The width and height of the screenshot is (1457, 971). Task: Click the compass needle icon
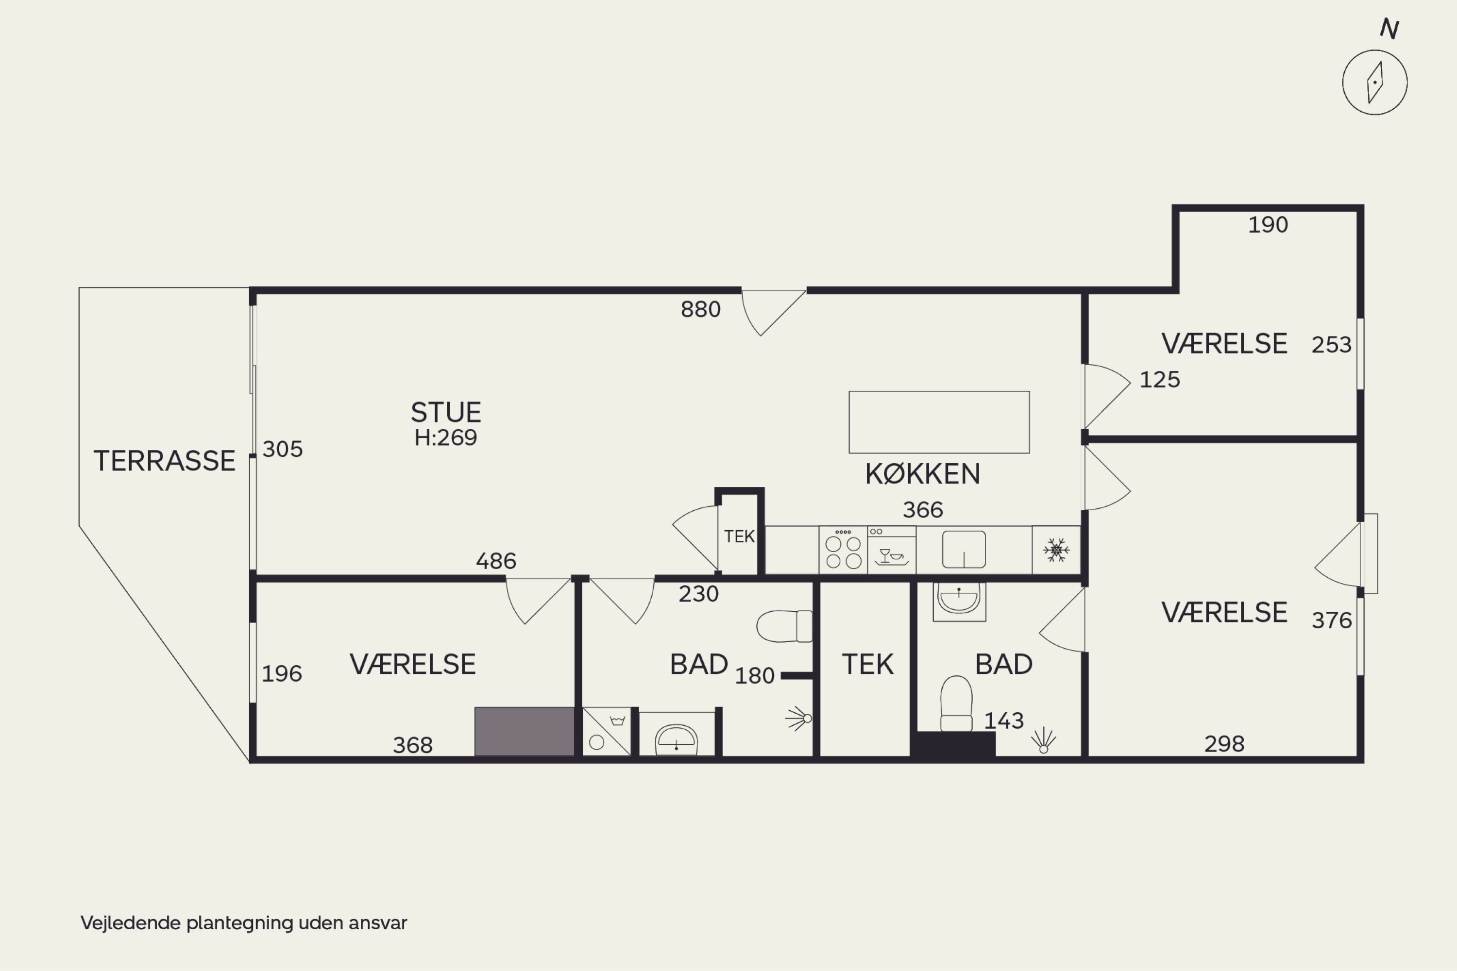click(x=1374, y=83)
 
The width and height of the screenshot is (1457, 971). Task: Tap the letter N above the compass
click(x=1389, y=29)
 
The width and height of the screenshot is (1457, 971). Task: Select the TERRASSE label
click(x=164, y=461)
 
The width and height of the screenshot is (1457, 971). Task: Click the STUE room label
click(x=446, y=412)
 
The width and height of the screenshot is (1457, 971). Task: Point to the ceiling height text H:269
click(x=446, y=438)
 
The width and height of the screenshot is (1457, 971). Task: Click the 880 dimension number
click(x=701, y=309)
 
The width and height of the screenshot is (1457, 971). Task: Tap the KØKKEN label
click(x=922, y=474)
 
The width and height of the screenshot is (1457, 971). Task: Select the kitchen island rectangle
click(x=939, y=422)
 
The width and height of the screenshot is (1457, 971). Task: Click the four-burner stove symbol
click(x=843, y=550)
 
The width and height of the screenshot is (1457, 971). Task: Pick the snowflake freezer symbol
click(x=1056, y=550)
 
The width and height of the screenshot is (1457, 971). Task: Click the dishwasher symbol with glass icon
click(x=891, y=550)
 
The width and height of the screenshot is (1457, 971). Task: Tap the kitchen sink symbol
click(x=964, y=549)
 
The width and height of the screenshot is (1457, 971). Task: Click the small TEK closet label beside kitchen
click(x=739, y=536)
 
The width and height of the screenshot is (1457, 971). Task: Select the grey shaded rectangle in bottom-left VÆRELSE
click(x=525, y=731)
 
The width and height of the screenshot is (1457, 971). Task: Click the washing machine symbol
click(x=607, y=731)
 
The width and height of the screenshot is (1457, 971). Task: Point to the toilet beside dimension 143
click(x=956, y=703)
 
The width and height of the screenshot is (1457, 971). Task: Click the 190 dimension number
click(x=1268, y=225)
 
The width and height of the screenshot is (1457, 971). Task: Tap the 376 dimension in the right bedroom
click(x=1331, y=620)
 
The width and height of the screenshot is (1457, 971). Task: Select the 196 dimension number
click(x=282, y=674)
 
